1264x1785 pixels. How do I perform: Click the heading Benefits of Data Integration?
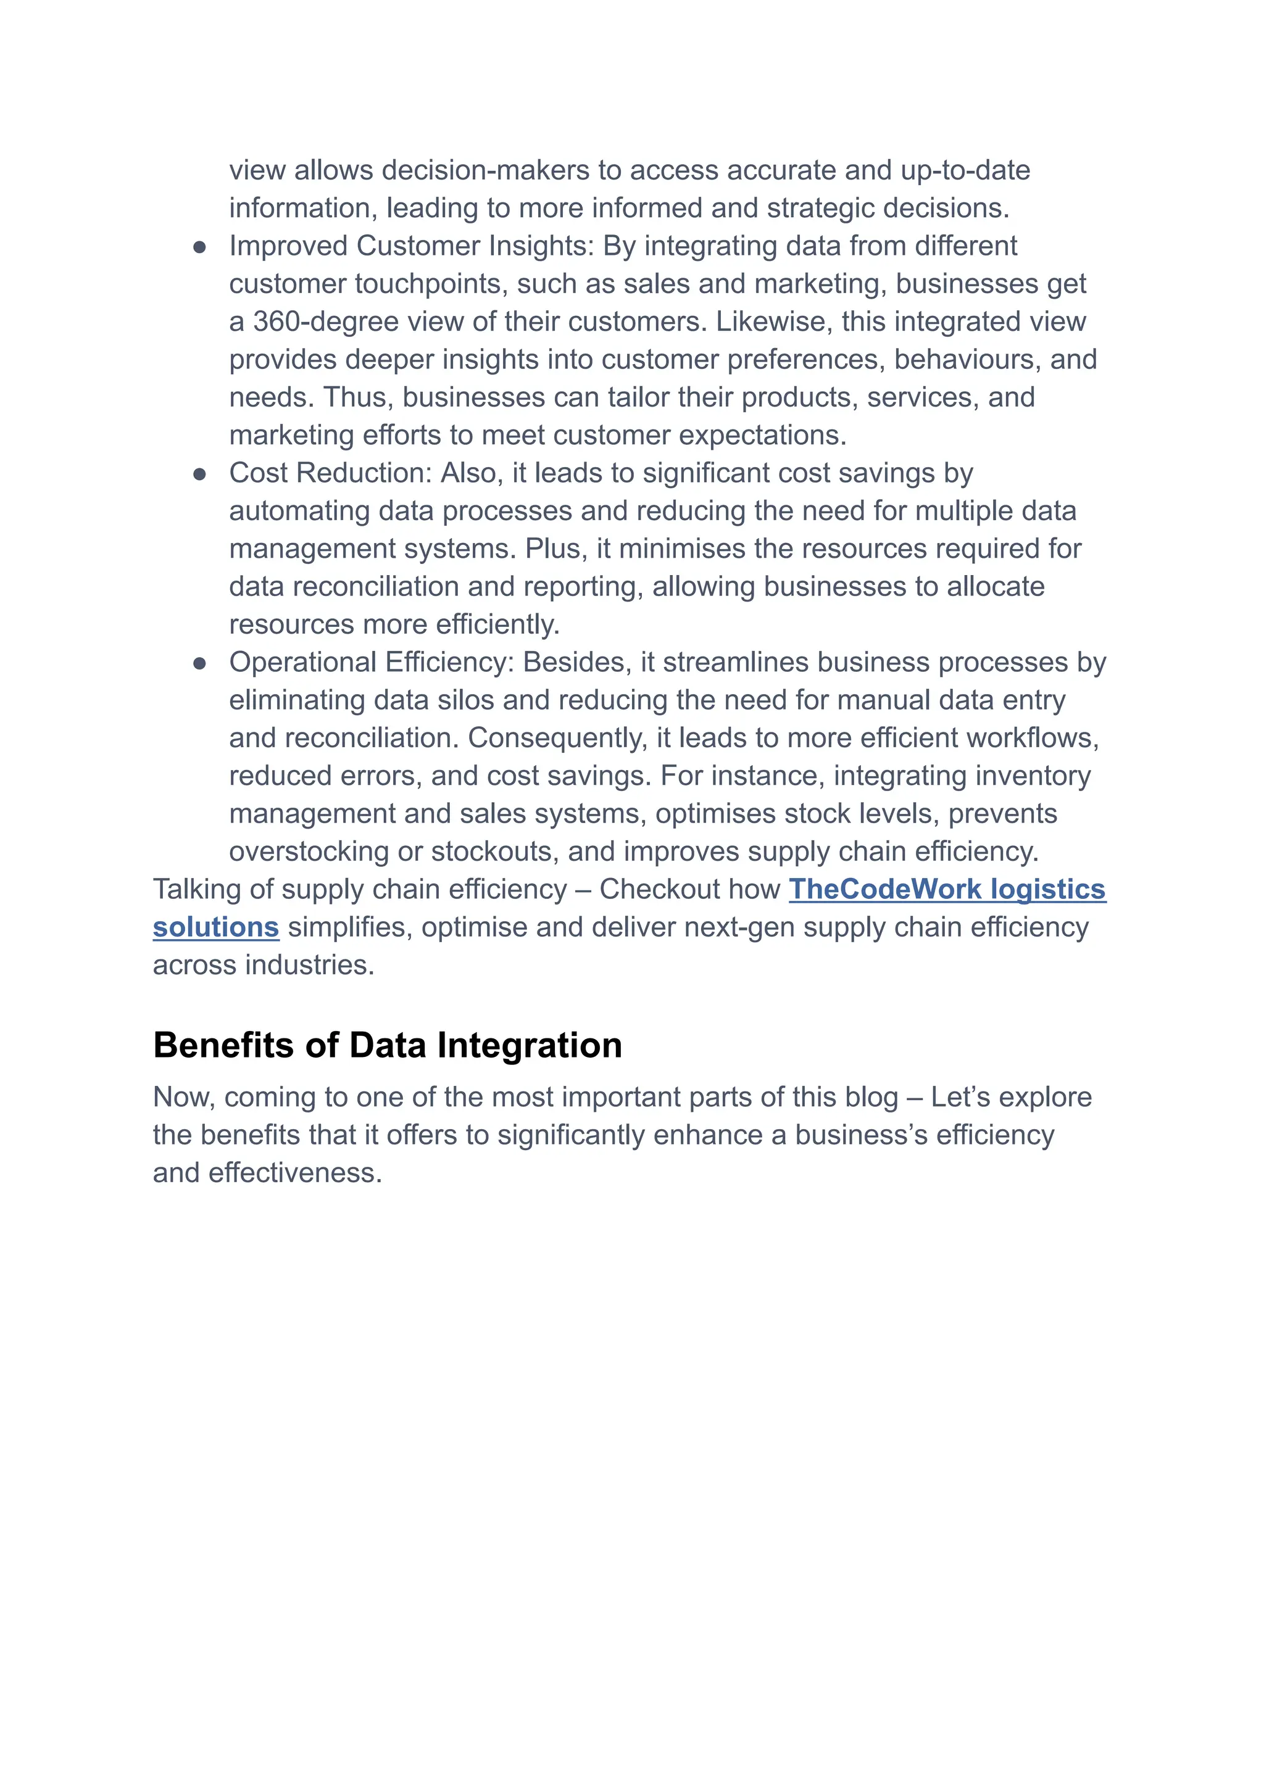pyautogui.click(x=387, y=1045)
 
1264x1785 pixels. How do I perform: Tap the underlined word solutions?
pyautogui.click(x=215, y=927)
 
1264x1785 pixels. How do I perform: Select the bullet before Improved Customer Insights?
pyautogui.click(x=199, y=247)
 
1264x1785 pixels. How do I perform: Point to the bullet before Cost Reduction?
pyautogui.click(x=199, y=474)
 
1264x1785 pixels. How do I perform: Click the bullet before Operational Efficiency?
pyautogui.click(x=199, y=664)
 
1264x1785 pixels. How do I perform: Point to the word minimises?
pyautogui.click(x=682, y=549)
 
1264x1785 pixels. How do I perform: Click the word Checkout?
pyautogui.click(x=689, y=889)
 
